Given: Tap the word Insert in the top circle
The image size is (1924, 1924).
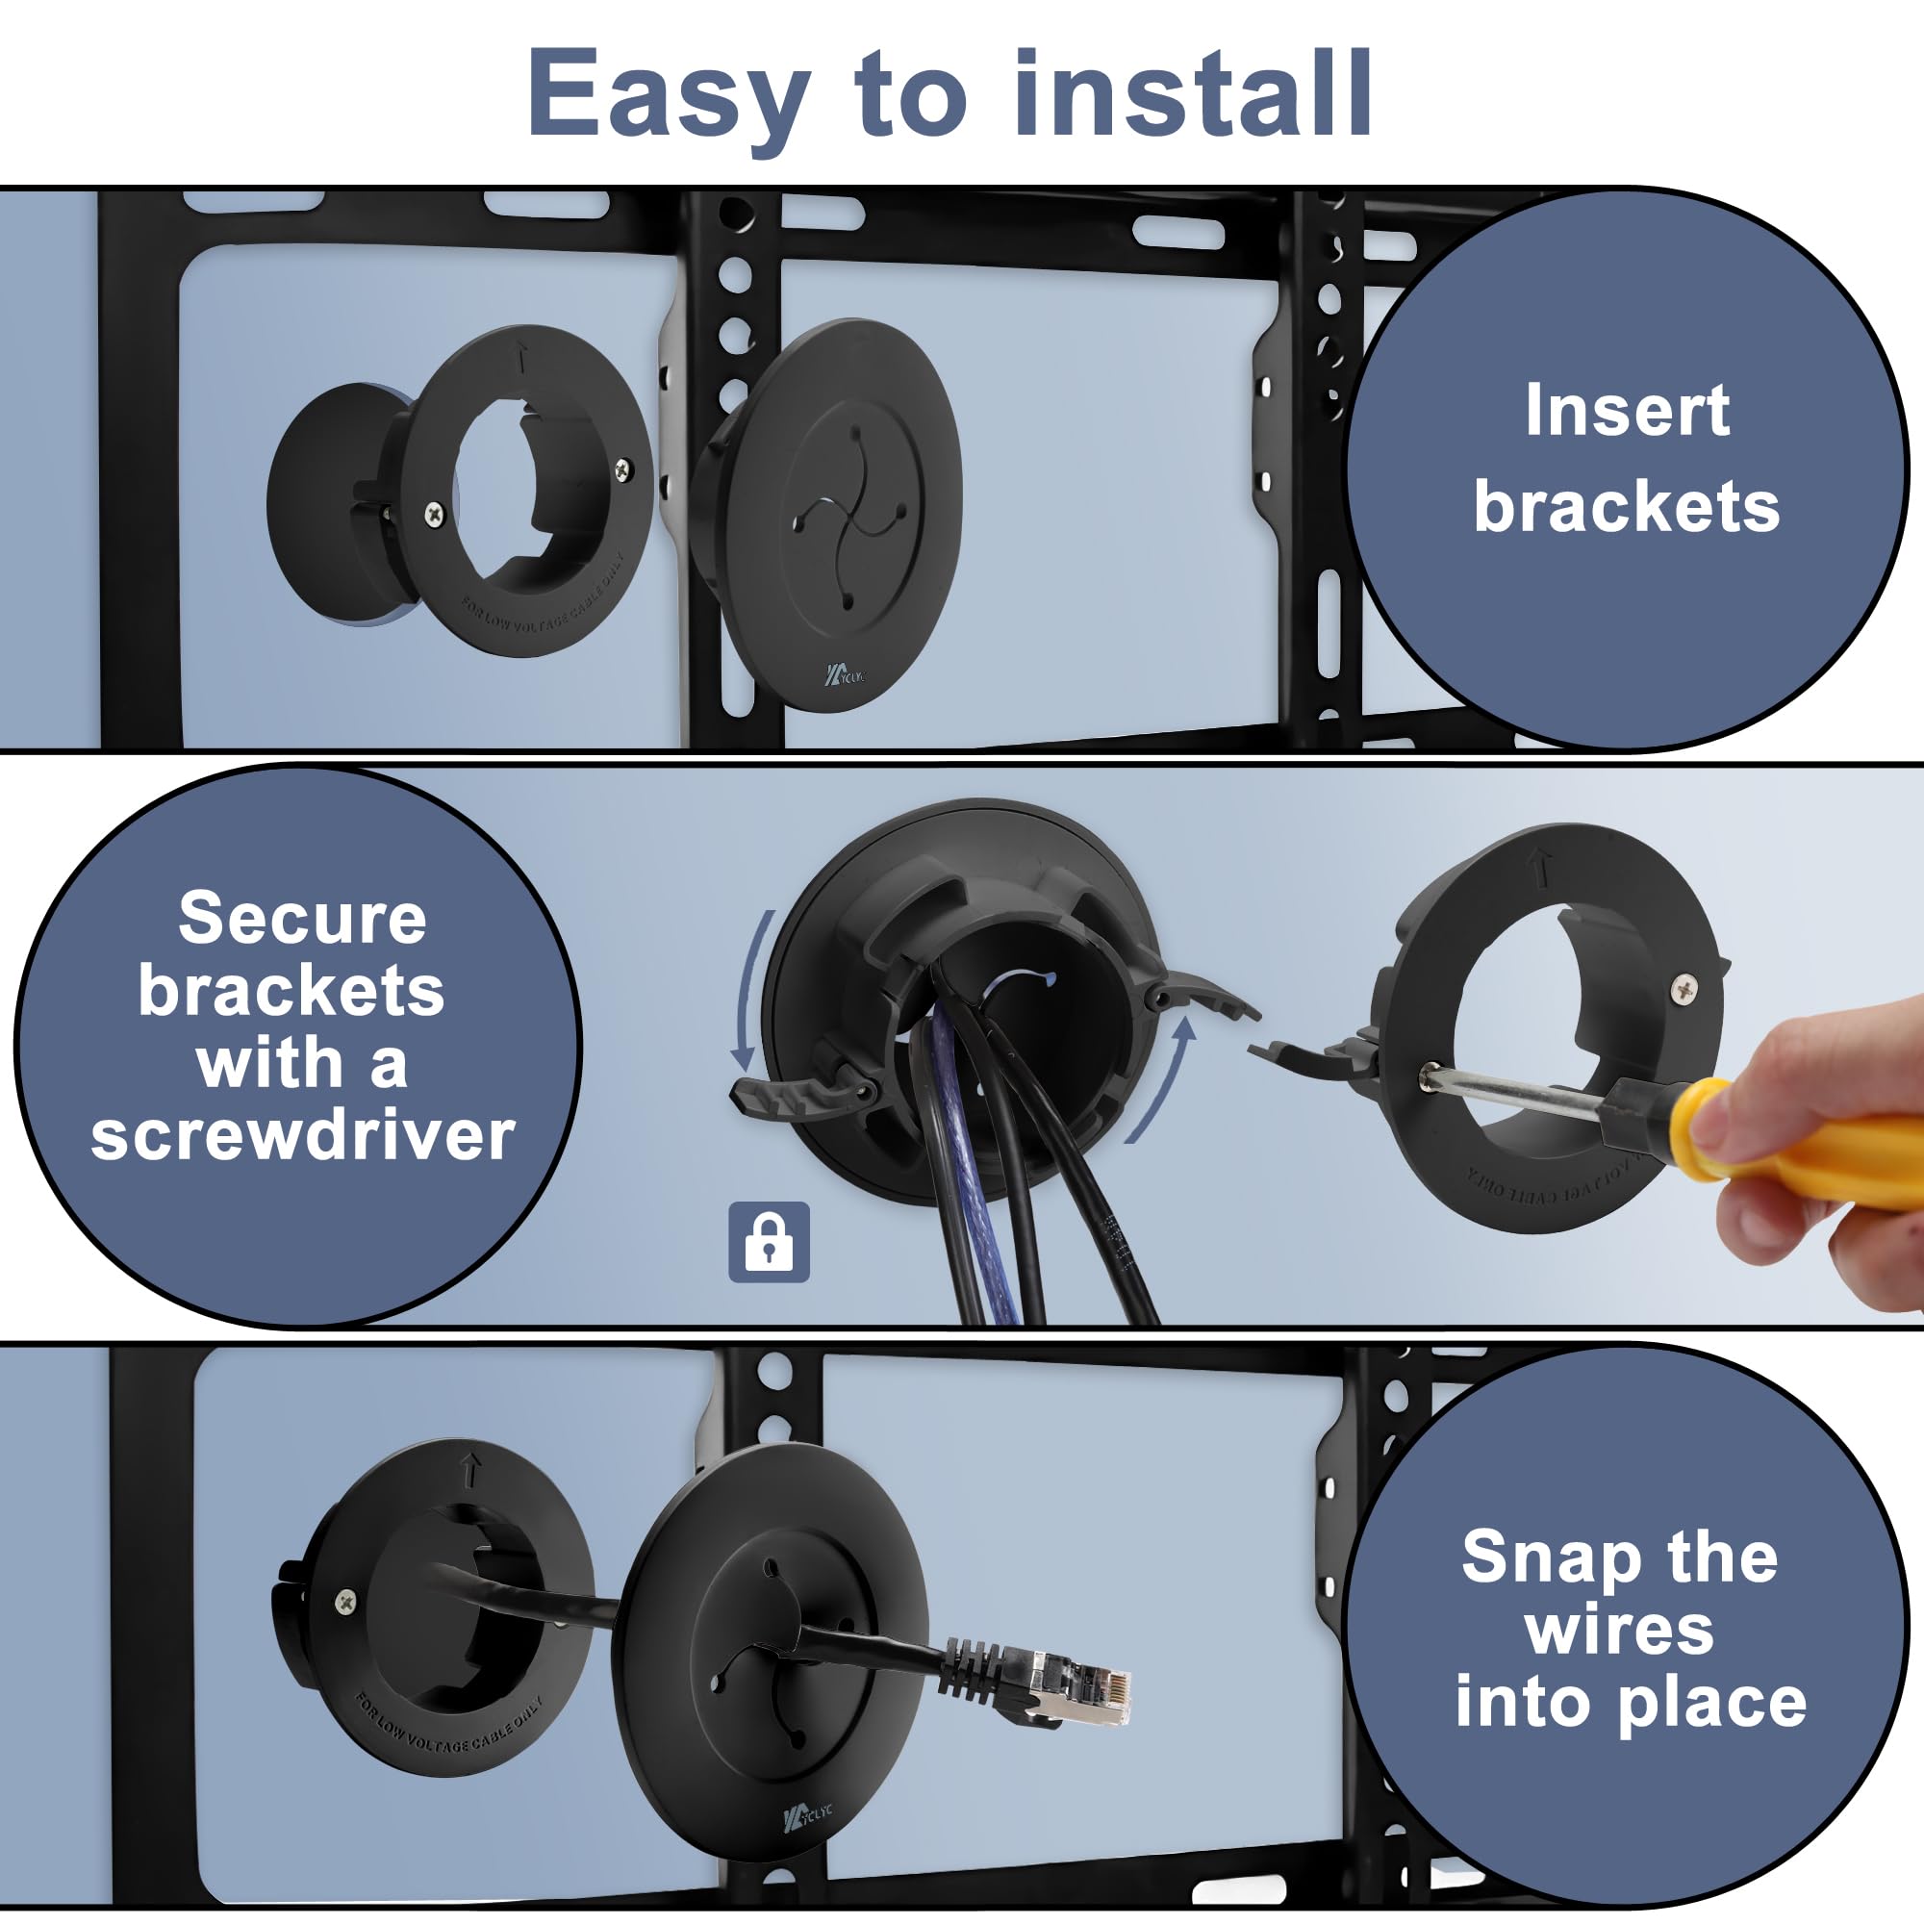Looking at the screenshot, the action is pyautogui.click(x=1628, y=411).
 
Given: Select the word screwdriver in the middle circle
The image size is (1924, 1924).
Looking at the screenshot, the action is pyautogui.click(x=303, y=1135).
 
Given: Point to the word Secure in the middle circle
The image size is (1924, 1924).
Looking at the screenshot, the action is pyautogui.click(x=303, y=918).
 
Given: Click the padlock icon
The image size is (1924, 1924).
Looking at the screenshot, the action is pyautogui.click(x=769, y=1242).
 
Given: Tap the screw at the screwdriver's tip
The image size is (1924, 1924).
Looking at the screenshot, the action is pyautogui.click(x=1430, y=1077).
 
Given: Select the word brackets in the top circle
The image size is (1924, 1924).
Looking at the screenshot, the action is pyautogui.click(x=1628, y=506).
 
